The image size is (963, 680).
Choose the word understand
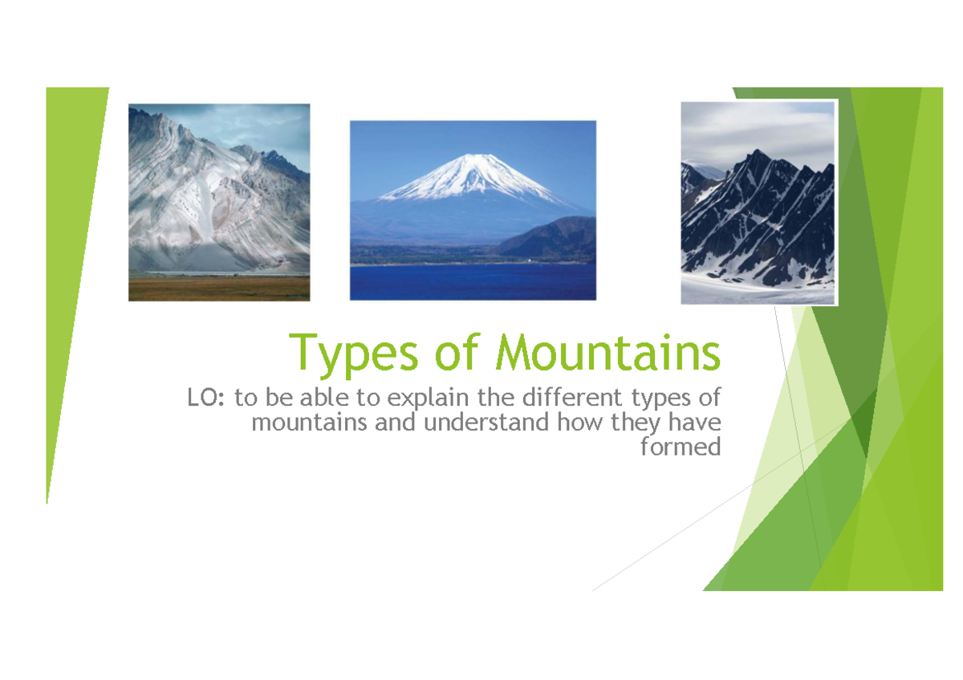487,422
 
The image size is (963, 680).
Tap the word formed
681,447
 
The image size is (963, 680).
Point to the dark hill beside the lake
554,238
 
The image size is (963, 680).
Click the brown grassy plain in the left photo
218,288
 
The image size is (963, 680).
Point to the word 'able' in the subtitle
319,398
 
